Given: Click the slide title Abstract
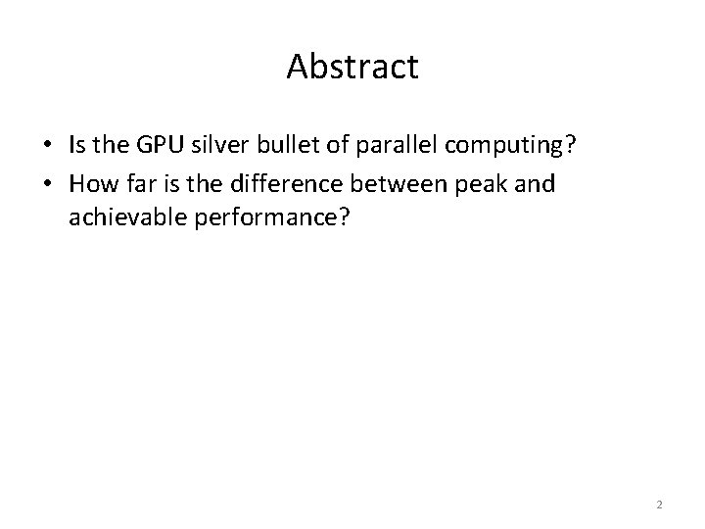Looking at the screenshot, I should (352, 67).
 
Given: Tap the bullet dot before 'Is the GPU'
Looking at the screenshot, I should (46, 146).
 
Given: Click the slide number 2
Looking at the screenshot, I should (659, 505).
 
